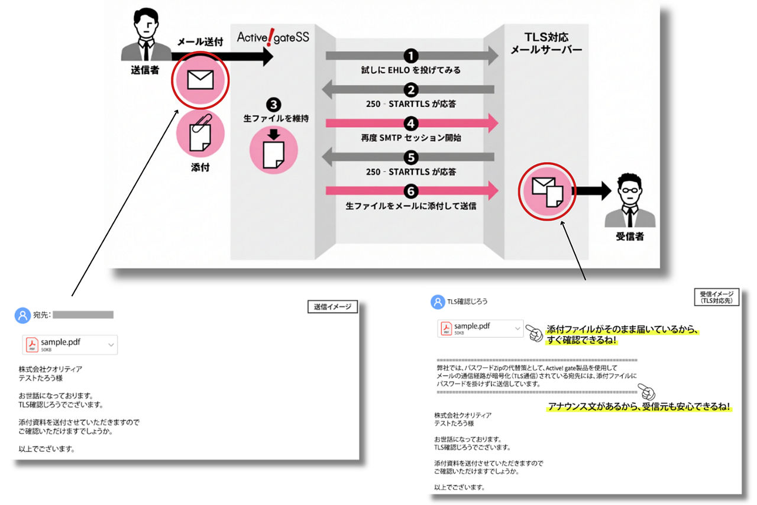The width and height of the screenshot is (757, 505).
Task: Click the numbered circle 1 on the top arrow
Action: click(411, 56)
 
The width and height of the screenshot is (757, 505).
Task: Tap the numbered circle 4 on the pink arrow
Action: click(411, 124)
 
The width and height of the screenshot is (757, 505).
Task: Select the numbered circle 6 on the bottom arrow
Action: click(411, 191)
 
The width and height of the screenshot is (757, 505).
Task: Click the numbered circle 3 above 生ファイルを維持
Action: click(273, 105)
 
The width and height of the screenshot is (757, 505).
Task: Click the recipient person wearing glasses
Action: click(629, 200)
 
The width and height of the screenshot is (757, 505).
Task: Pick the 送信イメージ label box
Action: click(332, 306)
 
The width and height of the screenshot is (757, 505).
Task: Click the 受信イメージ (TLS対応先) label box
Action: click(716, 297)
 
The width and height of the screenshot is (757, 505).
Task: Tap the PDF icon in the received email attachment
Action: click(445, 328)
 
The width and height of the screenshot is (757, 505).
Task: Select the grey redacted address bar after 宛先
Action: click(83, 315)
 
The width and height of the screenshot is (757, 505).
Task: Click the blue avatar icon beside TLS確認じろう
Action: click(438, 302)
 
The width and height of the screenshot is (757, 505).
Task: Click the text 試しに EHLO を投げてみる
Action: click(411, 70)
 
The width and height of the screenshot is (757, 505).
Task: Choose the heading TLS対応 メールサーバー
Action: click(546, 43)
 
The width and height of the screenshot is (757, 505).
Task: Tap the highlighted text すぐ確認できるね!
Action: click(582, 341)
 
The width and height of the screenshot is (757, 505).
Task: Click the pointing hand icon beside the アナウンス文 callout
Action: click(648, 391)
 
